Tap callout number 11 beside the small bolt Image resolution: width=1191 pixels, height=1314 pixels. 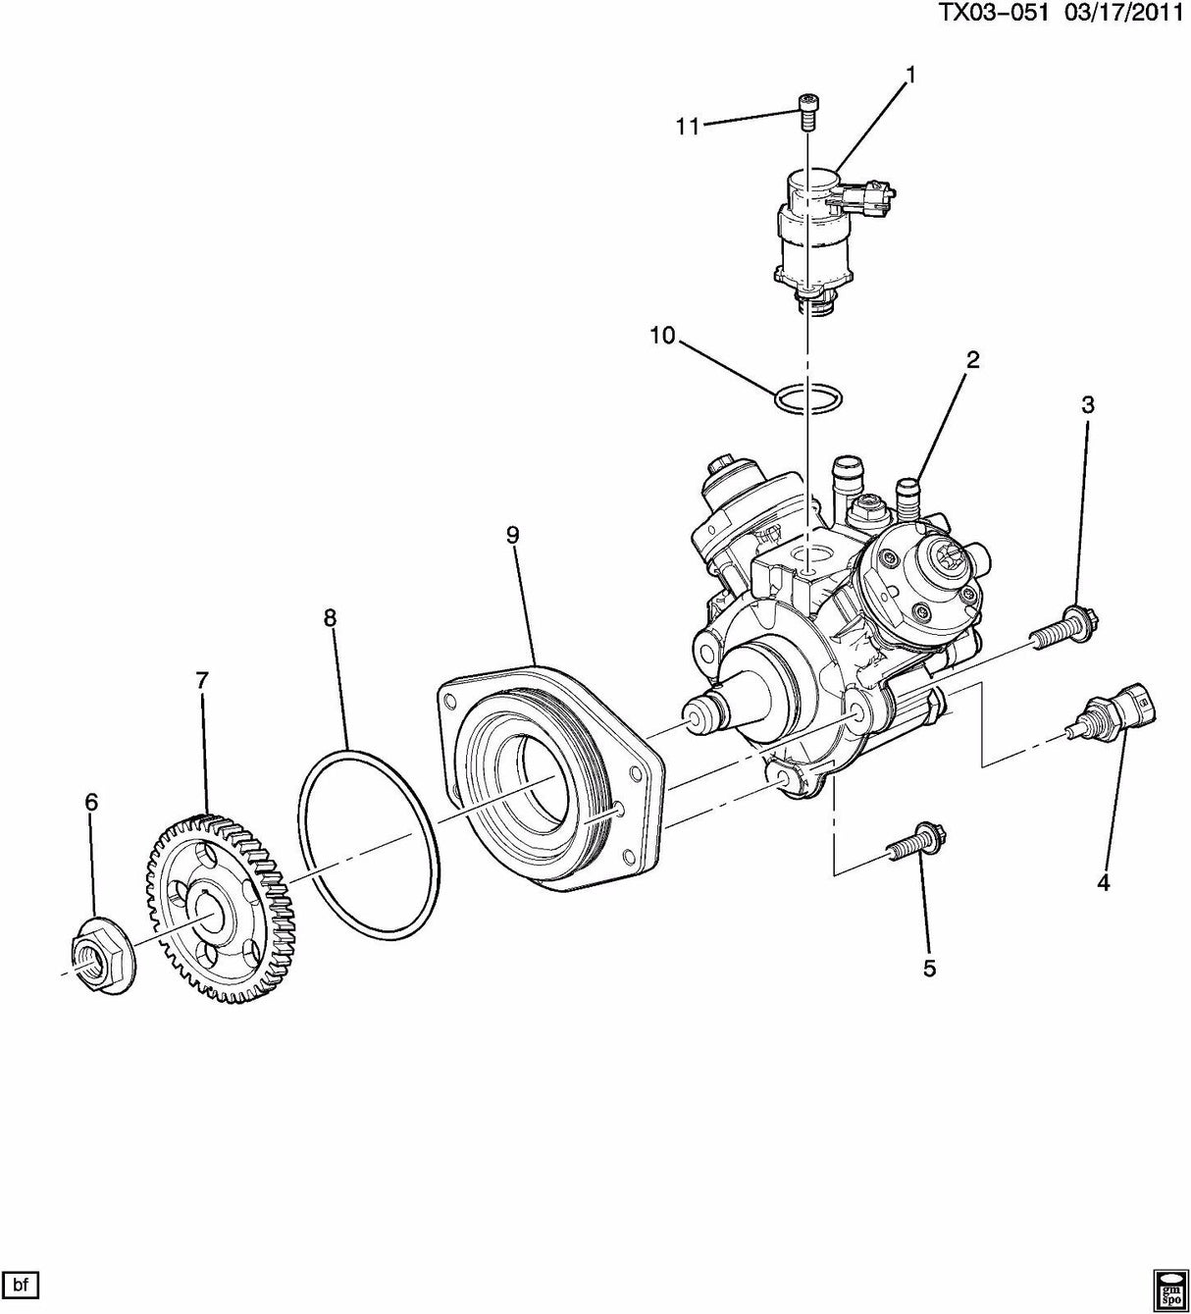point(687,127)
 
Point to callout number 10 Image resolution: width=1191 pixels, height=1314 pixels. point(662,336)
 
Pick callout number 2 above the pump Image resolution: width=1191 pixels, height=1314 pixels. point(972,360)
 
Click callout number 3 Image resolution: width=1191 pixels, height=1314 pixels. point(1088,404)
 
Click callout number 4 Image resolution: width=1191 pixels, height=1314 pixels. point(1103,883)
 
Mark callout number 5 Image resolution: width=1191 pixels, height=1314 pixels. point(929,969)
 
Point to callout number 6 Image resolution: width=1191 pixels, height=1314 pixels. point(91,803)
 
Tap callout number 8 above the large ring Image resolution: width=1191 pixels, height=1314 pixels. point(330,617)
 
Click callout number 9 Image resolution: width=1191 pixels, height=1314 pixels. point(512,534)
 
